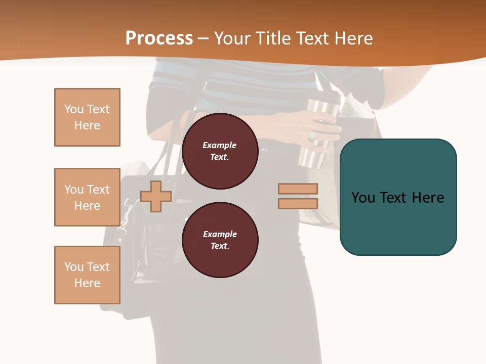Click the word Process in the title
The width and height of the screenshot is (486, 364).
(159, 38)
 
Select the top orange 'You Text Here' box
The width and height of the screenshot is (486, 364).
(87, 117)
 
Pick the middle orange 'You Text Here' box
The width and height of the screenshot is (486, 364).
(87, 197)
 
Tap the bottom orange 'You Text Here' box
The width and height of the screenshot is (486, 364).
(87, 275)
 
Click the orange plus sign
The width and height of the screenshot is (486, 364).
(156, 196)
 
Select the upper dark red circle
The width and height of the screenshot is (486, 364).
(220, 151)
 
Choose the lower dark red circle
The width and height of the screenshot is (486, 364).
(220, 240)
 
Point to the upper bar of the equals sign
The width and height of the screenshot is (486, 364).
(298, 189)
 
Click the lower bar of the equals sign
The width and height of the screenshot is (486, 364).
(298, 203)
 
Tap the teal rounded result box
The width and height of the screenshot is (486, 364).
(398, 222)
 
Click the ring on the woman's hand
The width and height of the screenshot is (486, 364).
(312, 135)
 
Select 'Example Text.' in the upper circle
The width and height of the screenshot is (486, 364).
(220, 151)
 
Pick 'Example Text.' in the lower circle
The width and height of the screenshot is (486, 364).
(220, 240)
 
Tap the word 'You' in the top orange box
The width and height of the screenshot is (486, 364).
(73, 109)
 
